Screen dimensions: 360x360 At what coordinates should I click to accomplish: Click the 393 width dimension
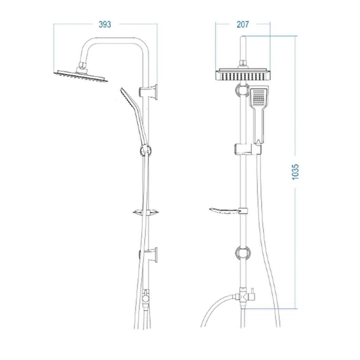[105, 24]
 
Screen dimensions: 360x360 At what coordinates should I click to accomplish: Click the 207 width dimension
[243, 24]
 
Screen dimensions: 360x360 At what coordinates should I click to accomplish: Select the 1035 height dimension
[295, 172]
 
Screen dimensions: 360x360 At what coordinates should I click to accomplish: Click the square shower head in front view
[243, 74]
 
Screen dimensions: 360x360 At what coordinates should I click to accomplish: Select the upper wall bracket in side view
[149, 92]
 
